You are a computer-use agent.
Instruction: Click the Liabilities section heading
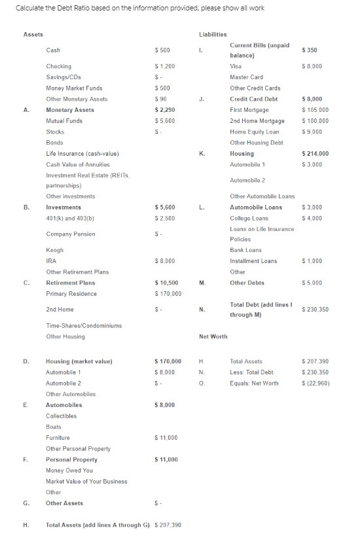click(213, 34)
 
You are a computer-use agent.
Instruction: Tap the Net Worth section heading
click(213, 336)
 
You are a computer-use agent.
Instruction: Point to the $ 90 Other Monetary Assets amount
click(161, 99)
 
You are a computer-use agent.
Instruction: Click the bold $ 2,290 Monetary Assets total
click(165, 110)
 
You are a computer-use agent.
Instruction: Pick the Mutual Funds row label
click(64, 121)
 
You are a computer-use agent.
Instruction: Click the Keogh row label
click(54, 250)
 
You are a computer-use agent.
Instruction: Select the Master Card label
click(247, 77)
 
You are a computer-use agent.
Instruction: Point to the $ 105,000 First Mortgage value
click(315, 110)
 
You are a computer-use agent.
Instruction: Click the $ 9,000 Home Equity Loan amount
click(312, 132)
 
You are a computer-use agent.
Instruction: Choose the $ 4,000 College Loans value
click(312, 218)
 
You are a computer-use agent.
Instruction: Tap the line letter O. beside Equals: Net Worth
click(202, 383)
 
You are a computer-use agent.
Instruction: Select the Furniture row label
click(58, 437)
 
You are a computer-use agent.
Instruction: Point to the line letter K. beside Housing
click(202, 153)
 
